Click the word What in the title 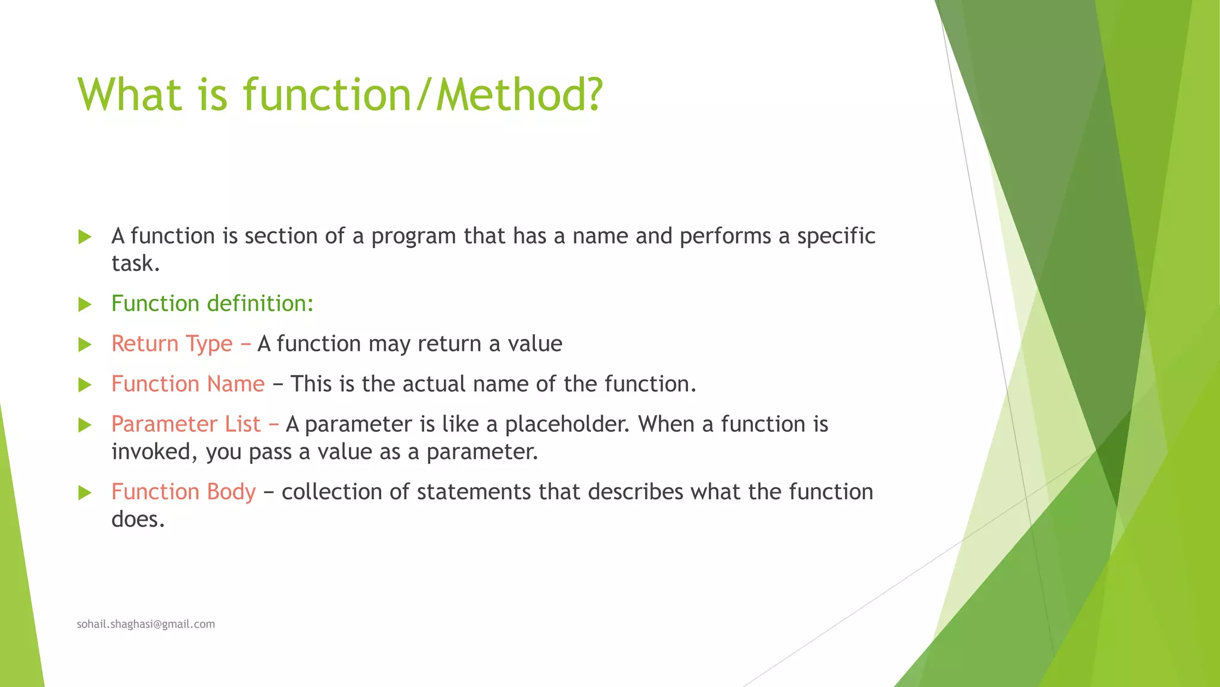coord(129,95)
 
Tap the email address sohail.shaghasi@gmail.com coord(146,624)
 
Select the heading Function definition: coord(212,304)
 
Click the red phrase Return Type coord(172,344)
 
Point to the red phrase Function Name coord(188,384)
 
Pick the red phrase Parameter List coord(186,424)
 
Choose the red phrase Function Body coord(183,492)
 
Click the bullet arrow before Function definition coord(85,305)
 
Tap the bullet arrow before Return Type coord(85,345)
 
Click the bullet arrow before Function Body coord(85,493)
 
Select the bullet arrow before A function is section coord(85,237)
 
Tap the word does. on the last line coord(138,519)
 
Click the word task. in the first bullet coord(135,264)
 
